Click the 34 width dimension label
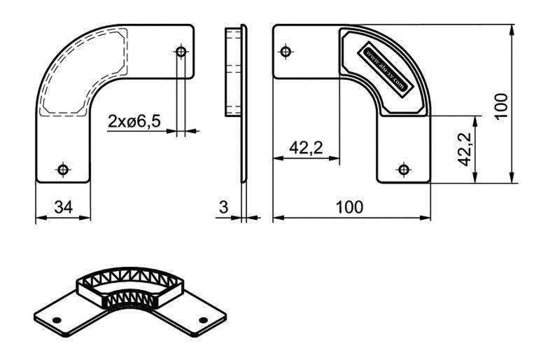[64, 207]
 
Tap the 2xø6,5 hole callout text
[134, 121]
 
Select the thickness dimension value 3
[223, 207]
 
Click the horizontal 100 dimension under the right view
[350, 207]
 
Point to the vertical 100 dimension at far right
[502, 105]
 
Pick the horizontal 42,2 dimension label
[306, 148]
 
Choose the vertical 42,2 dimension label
[465, 149]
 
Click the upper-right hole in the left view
[181, 52]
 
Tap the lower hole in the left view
[63, 169]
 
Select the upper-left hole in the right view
[286, 52]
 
